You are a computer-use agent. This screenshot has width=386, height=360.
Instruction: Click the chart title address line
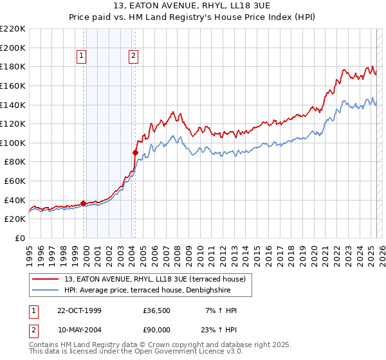click(193, 6)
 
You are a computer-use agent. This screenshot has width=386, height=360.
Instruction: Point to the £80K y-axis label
click(15, 162)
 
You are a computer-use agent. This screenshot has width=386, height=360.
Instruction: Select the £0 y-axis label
click(21, 239)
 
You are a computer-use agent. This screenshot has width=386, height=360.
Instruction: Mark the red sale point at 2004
click(135, 152)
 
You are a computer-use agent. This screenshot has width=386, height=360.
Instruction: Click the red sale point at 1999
click(84, 203)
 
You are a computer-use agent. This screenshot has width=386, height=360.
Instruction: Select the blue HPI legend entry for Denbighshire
click(154, 290)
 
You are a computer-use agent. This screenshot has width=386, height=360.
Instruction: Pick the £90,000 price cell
click(157, 328)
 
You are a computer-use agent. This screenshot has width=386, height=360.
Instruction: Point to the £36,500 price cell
click(157, 310)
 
